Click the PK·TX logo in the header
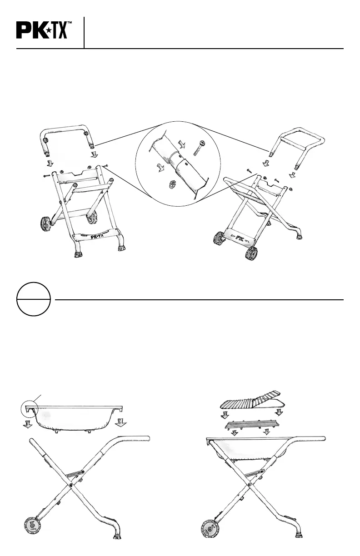coord(43,31)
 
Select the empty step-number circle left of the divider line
coord(33,299)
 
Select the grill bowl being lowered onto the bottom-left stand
coord(75,417)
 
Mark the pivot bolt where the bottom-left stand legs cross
coord(72,485)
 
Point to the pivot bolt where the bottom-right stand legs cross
coord(250,485)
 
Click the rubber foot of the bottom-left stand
coord(116,536)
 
